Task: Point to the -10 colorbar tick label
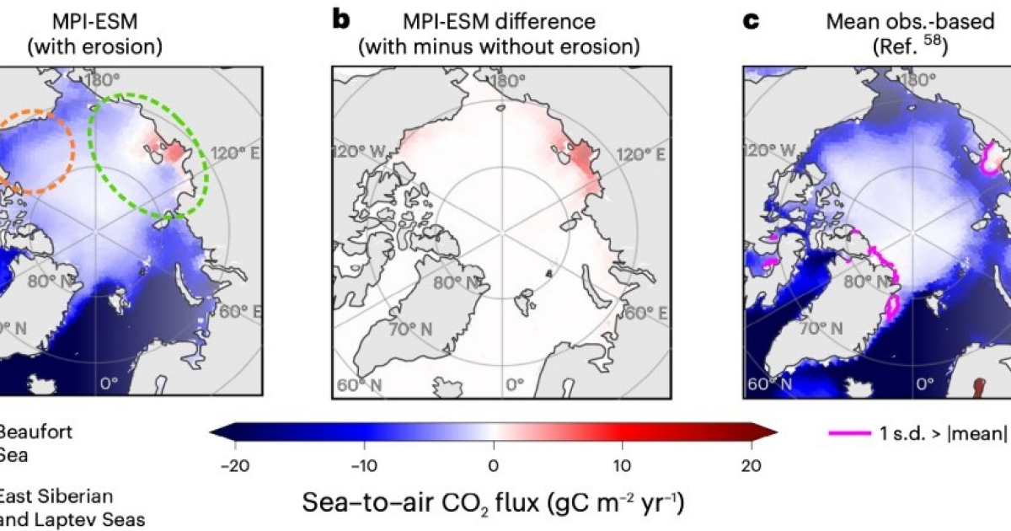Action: pos(362,464)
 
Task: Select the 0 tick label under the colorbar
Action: pos(493,464)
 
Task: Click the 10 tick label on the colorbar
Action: pos(622,464)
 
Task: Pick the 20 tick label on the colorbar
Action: pos(752,464)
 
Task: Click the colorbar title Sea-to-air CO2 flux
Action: pos(493,503)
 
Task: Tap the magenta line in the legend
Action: pos(850,434)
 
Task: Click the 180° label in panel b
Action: pos(508,82)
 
